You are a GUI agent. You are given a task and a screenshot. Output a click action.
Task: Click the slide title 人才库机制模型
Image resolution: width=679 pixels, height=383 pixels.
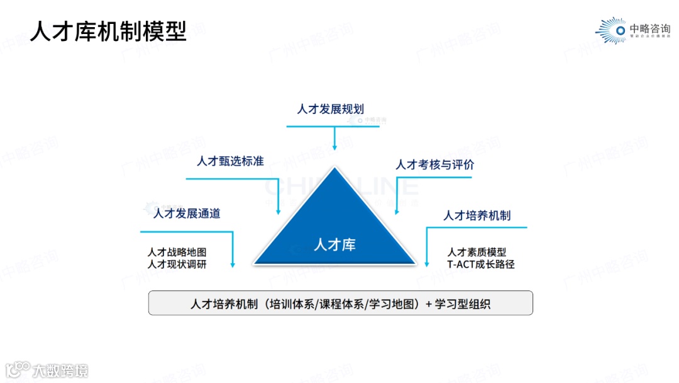click(x=109, y=31)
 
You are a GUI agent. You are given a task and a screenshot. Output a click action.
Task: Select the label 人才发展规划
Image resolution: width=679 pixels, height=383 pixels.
click(x=331, y=108)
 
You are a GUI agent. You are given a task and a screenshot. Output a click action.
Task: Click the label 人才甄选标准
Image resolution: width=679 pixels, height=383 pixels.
click(x=230, y=161)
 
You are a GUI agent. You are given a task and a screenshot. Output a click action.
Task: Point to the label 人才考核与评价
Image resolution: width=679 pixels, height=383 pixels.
click(x=434, y=165)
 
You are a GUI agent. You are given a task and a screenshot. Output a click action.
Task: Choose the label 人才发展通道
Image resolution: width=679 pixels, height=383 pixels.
click(x=187, y=213)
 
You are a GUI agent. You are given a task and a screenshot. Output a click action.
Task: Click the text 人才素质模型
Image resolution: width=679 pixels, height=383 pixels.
click(x=477, y=252)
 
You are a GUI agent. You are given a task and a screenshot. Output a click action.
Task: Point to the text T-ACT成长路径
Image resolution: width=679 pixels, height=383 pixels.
click(x=481, y=265)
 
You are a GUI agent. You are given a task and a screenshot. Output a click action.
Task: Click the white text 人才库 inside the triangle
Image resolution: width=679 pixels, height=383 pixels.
click(x=334, y=244)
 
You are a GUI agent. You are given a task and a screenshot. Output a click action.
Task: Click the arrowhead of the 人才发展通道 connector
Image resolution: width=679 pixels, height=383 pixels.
click(x=233, y=265)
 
